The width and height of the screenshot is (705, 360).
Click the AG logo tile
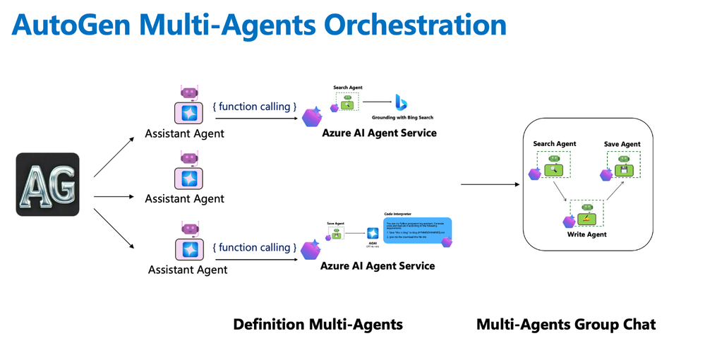point(47,184)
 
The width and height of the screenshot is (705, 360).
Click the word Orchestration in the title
point(404,25)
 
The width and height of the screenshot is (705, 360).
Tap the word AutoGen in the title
point(70,25)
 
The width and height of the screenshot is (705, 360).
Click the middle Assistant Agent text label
point(184,199)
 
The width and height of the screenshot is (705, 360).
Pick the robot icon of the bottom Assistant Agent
point(189,242)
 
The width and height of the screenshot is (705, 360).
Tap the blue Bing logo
point(401,103)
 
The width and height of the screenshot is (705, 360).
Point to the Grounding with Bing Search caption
point(402,118)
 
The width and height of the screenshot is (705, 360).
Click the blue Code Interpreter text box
point(417,231)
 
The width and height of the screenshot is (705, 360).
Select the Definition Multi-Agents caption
point(318,325)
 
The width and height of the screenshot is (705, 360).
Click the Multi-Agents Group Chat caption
point(566,325)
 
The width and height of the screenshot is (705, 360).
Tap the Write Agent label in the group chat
point(586,234)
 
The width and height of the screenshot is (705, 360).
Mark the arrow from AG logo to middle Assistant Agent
point(113,197)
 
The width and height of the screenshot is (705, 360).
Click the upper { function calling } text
point(254,107)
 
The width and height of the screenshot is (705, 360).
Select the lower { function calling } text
point(254,248)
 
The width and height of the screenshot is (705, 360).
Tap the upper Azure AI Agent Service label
point(379,133)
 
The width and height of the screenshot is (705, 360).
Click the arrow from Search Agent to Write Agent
point(562,191)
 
